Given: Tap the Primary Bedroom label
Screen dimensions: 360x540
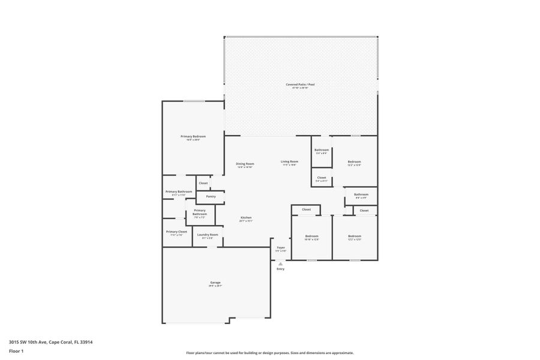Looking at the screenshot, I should pos(193,137).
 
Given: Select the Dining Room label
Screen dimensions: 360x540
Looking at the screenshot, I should pos(245,164).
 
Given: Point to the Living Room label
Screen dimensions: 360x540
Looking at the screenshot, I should pos(290,162).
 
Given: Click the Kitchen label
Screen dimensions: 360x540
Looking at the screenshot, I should pos(246,218).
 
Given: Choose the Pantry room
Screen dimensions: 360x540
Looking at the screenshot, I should pos(211,197).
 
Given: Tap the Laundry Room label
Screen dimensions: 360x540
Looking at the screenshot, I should pos(208,235).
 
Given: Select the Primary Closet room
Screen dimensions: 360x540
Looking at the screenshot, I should pos(176,233).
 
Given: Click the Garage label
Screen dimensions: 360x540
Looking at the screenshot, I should pos(215,283).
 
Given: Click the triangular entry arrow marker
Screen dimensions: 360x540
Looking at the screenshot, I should pos(280,263).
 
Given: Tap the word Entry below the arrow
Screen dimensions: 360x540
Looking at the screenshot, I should pos(280,269).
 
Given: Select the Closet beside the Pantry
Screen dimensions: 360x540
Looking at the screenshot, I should pos(203,183).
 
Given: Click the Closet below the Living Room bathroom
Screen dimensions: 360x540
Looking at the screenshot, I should pos(322,178).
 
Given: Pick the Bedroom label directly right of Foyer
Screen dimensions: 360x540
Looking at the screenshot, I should pos(311,237).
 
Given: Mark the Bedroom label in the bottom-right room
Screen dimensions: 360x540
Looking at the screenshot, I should pos(355,237).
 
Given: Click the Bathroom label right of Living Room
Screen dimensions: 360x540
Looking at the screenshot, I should pos(322,151).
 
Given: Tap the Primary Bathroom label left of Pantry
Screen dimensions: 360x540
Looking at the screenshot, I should pos(179,192).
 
